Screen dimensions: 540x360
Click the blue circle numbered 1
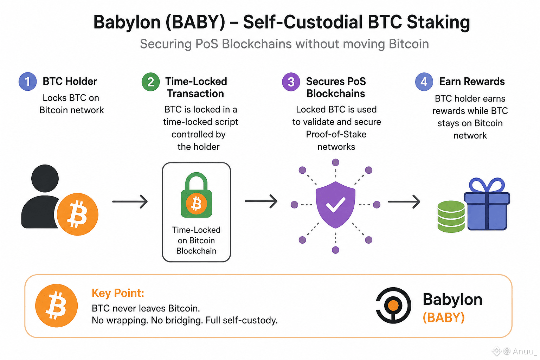click(x=28, y=82)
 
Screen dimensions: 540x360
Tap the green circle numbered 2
click(x=151, y=82)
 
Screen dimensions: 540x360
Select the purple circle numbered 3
click(x=291, y=82)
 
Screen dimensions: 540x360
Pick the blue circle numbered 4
click(x=424, y=82)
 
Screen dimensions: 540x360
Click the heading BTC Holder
click(x=70, y=81)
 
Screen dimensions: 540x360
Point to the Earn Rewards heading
click(x=472, y=82)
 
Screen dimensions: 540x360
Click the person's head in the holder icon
click(x=45, y=179)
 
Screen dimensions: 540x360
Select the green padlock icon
click(x=197, y=195)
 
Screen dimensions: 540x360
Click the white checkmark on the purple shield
click(x=336, y=205)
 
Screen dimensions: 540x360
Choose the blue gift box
click(x=487, y=204)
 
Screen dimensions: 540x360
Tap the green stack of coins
click(x=451, y=216)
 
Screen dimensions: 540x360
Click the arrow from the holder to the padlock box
click(x=130, y=201)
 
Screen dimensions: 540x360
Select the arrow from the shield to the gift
click(x=404, y=201)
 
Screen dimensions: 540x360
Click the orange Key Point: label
click(x=118, y=293)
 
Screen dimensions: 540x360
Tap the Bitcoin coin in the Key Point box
click(x=56, y=306)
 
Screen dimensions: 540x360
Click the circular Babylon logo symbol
click(x=393, y=305)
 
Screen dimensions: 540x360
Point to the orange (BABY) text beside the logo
click(x=444, y=317)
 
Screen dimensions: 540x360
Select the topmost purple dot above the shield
click(x=336, y=162)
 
